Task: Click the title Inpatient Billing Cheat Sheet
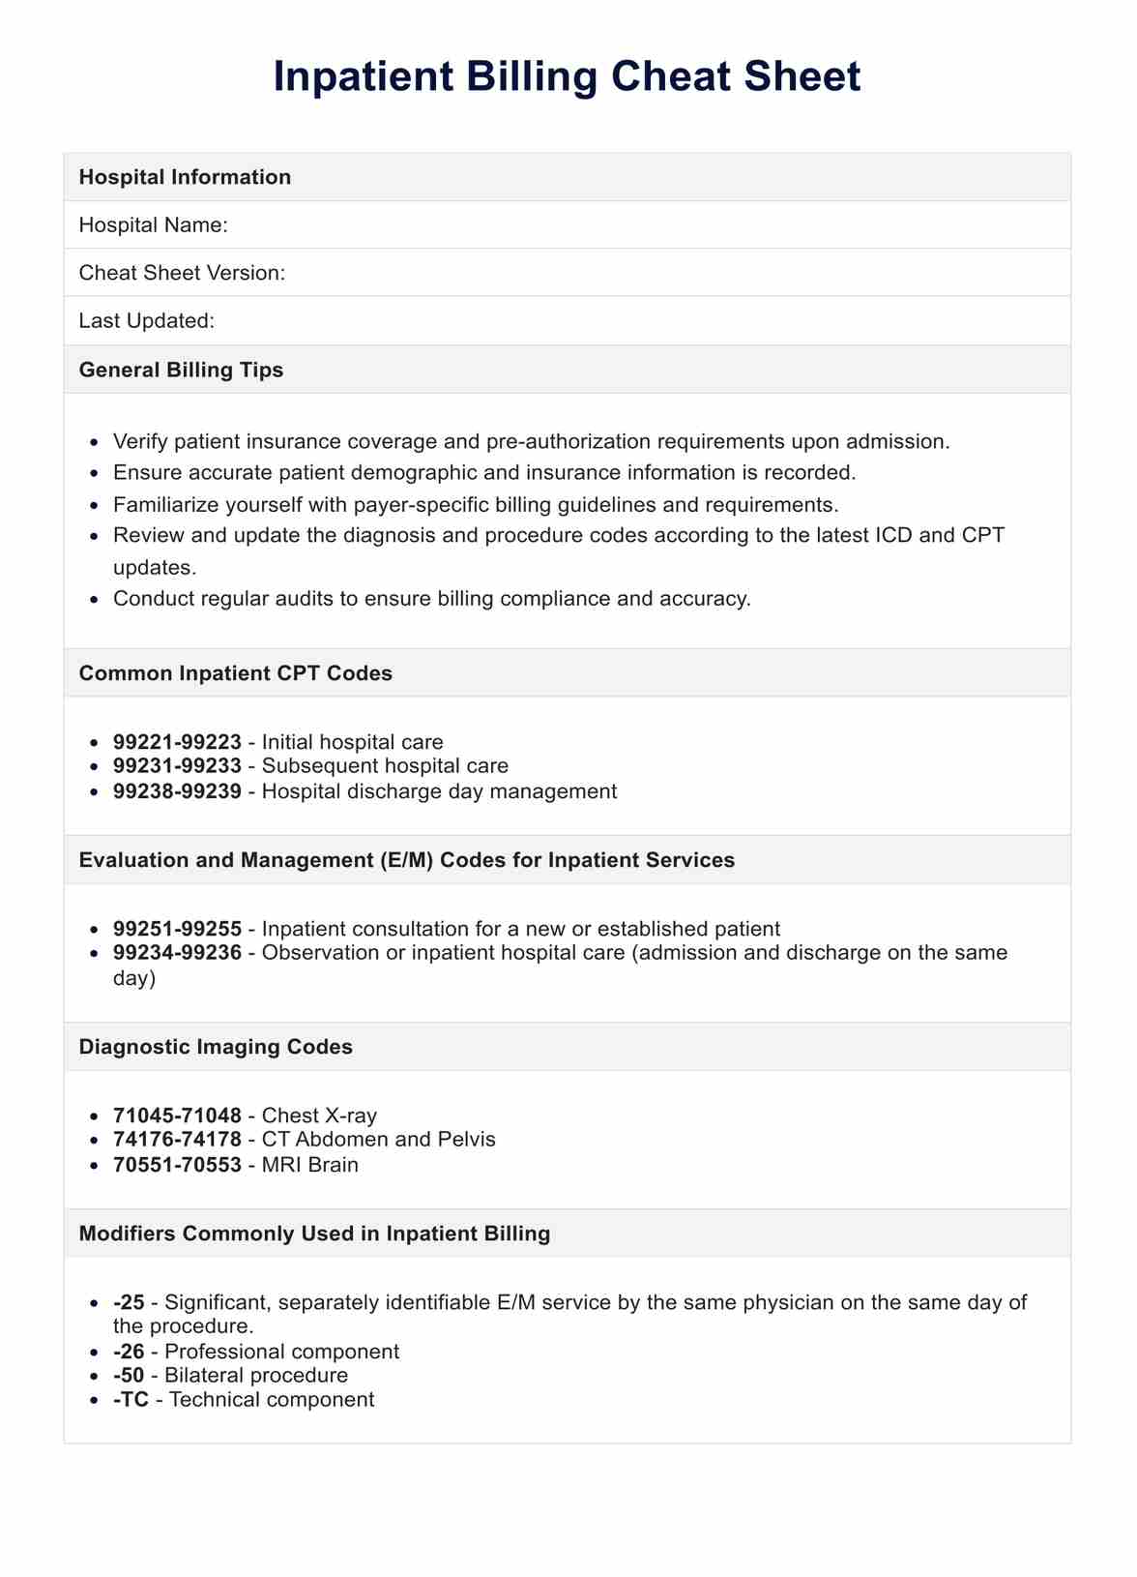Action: (567, 77)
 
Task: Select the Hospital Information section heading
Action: (185, 177)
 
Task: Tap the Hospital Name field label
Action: (153, 225)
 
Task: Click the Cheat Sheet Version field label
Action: (182, 273)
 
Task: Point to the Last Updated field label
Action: (146, 320)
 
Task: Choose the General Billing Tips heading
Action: (181, 370)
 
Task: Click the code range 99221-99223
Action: (177, 742)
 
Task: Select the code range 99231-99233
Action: (177, 766)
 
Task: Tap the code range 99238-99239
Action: (177, 791)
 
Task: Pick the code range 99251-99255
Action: (177, 929)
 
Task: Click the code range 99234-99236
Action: (177, 953)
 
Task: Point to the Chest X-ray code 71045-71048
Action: (177, 1116)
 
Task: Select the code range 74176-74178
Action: (177, 1140)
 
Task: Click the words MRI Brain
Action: (309, 1165)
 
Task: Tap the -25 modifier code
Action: (129, 1302)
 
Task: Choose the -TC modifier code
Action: (131, 1399)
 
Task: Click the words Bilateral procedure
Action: (256, 1376)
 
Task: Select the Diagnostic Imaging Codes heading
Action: (216, 1047)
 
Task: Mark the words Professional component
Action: (282, 1352)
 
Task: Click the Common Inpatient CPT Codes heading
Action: (236, 673)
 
